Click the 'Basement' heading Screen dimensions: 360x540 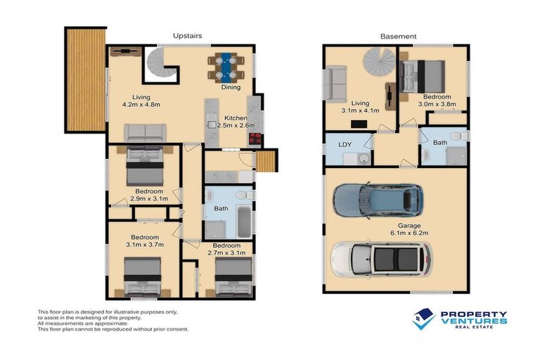[398, 36]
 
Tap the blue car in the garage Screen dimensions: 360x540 [378, 200]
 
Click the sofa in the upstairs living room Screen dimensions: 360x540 [145, 132]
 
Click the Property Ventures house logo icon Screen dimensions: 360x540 [423, 319]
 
